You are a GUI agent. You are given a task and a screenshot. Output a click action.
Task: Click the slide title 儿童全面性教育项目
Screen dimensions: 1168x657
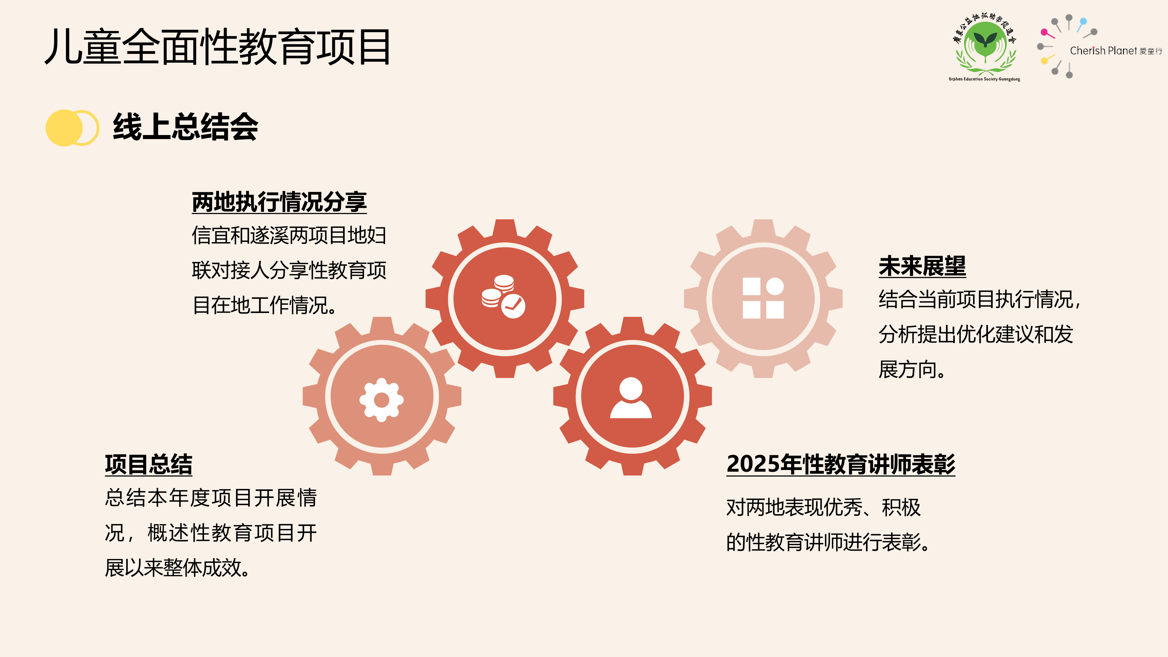coord(218,47)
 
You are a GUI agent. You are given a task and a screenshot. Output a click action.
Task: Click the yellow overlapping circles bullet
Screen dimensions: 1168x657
coord(72,128)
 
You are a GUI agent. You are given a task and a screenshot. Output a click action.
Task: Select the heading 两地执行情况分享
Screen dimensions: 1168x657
coord(279,202)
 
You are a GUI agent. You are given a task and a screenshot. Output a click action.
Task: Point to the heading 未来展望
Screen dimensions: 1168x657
coord(922,266)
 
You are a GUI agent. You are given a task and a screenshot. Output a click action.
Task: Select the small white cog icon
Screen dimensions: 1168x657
coord(381,400)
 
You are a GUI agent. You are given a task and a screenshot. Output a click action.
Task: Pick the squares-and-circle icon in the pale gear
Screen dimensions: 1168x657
coord(763,298)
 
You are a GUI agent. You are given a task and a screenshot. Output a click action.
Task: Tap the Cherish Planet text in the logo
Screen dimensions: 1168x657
coord(1103,51)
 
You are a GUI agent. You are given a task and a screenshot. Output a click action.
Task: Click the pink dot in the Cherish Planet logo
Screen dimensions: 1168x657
coord(1044,33)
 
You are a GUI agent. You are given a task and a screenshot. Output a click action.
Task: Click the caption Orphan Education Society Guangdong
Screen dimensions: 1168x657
coord(984,79)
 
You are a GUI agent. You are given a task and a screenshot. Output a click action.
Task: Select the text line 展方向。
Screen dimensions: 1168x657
coord(912,370)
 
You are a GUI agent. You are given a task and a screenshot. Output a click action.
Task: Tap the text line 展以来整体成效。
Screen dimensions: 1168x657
coord(177,568)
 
